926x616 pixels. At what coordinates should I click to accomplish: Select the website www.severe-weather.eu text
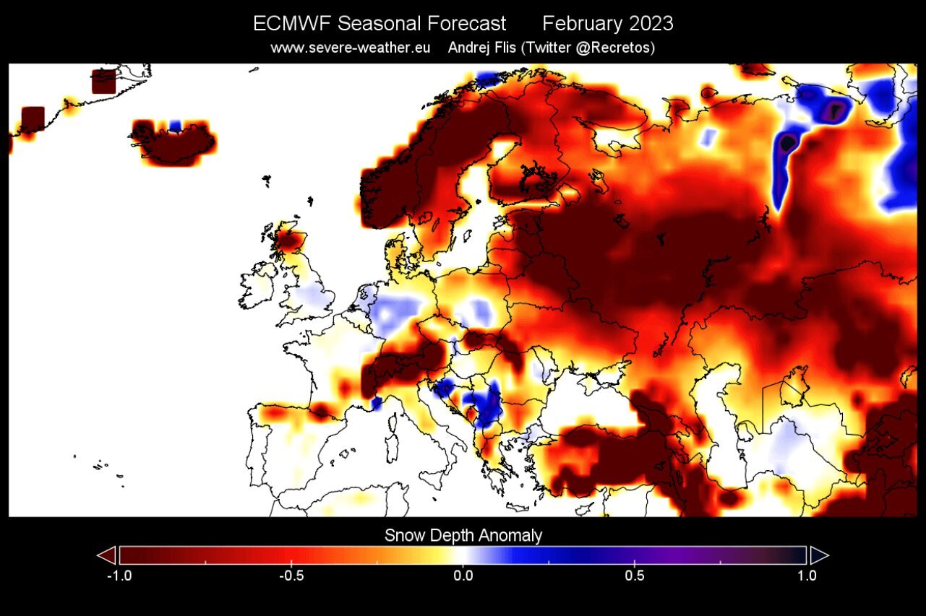(x=351, y=48)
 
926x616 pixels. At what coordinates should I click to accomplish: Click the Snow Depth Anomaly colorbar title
(x=463, y=535)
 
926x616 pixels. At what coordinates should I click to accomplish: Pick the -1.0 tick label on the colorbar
(x=118, y=576)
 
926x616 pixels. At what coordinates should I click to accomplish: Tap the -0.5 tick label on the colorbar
(x=290, y=576)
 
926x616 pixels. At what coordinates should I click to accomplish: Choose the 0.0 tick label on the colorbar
(x=463, y=576)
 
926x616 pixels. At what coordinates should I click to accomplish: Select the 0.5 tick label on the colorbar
(x=635, y=576)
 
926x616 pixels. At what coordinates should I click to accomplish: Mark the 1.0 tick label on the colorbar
(x=807, y=576)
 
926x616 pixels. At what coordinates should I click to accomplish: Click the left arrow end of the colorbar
(x=106, y=555)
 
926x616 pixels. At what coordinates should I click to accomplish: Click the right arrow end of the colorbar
(x=819, y=555)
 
